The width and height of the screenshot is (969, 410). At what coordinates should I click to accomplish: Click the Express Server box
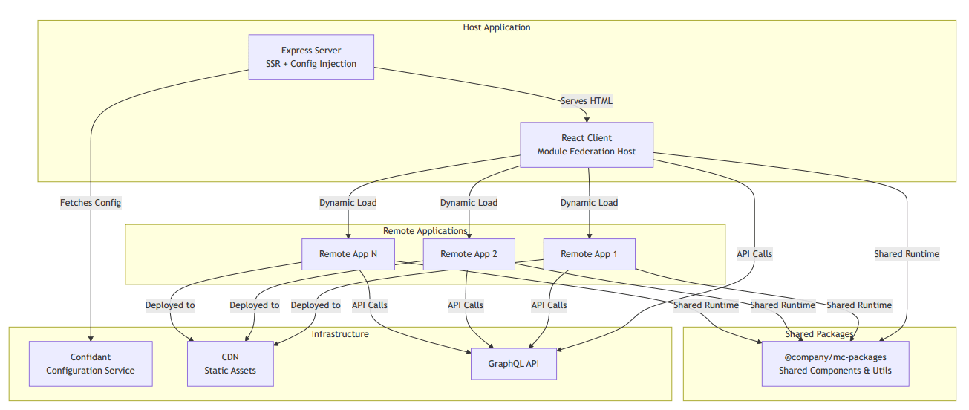click(310, 57)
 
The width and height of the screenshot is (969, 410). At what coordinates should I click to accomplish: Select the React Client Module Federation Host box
click(586, 145)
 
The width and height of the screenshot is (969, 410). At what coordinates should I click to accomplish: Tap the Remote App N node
click(348, 254)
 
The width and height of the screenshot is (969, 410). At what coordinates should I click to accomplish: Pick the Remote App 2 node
click(469, 254)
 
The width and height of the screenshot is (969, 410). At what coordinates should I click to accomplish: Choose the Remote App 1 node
click(589, 254)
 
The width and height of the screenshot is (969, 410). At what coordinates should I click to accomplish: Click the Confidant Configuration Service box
click(91, 364)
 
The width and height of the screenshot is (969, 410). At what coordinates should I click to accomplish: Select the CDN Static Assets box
click(230, 364)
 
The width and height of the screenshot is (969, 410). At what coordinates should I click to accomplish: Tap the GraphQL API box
click(513, 364)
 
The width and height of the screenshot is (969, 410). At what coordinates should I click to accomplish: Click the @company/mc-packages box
click(835, 364)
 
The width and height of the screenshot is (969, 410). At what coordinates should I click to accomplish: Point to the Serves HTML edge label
click(587, 101)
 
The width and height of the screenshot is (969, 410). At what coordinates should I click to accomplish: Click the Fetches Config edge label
click(91, 202)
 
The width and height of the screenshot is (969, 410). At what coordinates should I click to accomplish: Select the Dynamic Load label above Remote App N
click(348, 203)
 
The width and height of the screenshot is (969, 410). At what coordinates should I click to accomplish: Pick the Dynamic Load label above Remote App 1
click(589, 203)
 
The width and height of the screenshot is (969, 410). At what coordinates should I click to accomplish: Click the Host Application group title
click(497, 27)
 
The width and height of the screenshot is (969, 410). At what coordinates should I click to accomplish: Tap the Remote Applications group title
click(425, 231)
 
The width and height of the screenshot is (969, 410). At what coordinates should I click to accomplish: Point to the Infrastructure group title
click(340, 334)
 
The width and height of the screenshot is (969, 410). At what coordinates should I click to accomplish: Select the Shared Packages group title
click(820, 334)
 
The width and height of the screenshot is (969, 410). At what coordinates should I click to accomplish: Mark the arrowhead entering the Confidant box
click(91, 338)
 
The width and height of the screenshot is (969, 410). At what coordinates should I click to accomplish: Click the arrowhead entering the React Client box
click(587, 119)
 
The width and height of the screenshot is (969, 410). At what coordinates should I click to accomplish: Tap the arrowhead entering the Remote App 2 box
click(469, 235)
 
